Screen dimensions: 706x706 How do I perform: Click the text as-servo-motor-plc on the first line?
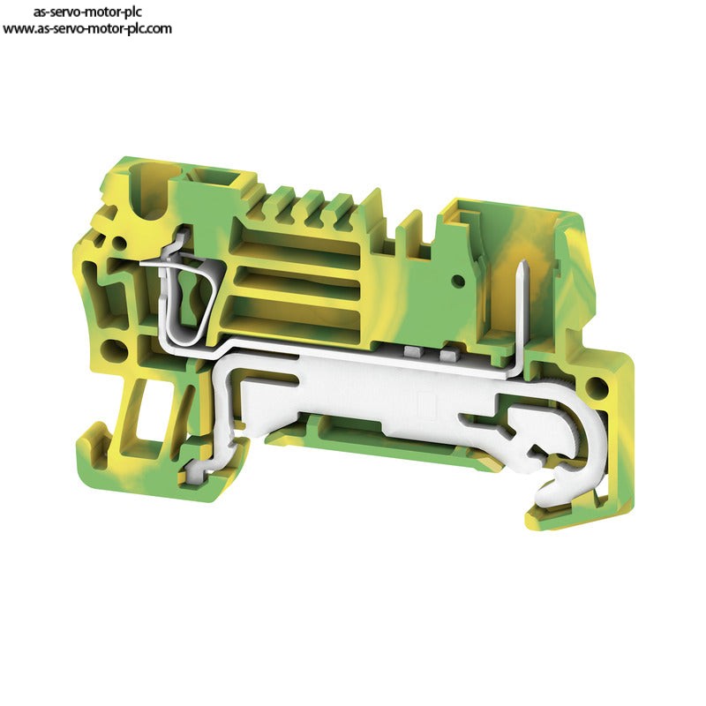(87, 11)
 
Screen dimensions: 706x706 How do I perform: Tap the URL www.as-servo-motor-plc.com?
(87, 29)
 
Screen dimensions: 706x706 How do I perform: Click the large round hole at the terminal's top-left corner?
(148, 192)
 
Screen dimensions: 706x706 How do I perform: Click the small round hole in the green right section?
(458, 281)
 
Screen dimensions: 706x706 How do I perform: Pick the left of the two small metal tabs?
(412, 351)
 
